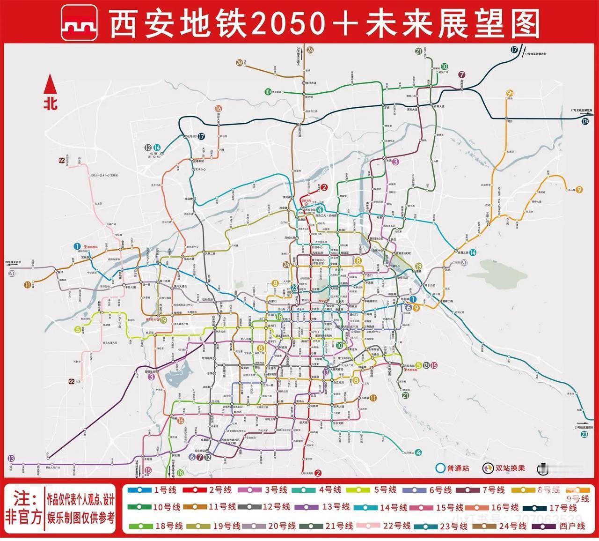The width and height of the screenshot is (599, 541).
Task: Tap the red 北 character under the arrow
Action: click(51, 103)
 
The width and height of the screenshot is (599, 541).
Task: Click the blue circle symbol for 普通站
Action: click(439, 468)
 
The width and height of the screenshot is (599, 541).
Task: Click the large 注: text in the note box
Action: click(26, 497)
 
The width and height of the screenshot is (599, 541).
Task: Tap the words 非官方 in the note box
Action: click(24, 517)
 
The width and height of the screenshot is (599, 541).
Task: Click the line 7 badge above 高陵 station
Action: click(462, 74)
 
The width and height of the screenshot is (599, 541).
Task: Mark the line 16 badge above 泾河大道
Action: click(219, 109)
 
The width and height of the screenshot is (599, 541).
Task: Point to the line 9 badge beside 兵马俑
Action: click(580, 190)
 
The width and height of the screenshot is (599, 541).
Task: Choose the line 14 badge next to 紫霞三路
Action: click(473, 252)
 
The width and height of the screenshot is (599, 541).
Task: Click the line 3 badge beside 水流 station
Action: click(395, 162)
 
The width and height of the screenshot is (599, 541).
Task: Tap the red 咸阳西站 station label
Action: click(91, 246)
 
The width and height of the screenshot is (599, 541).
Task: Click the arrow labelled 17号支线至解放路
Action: click(584, 113)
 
